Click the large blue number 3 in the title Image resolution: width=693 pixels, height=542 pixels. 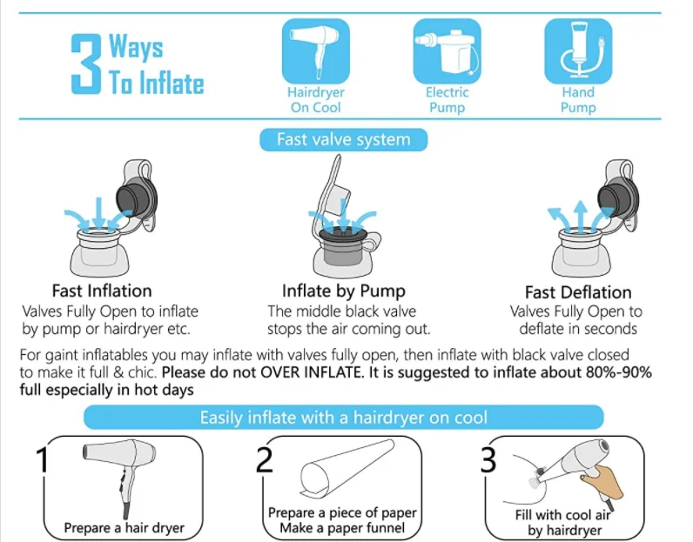click(85, 64)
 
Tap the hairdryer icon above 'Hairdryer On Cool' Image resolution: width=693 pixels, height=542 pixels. click(315, 51)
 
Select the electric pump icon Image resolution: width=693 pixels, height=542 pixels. click(447, 51)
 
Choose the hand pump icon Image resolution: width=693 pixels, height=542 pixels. click(578, 51)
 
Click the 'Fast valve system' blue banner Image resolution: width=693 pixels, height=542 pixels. click(343, 139)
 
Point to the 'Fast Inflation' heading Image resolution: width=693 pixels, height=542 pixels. click(102, 291)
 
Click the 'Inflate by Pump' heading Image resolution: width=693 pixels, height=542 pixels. click(343, 291)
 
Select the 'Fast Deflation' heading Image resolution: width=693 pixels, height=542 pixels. click(578, 292)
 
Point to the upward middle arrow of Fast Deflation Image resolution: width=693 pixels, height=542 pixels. click(581, 216)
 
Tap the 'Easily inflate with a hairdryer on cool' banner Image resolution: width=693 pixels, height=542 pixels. click(343, 418)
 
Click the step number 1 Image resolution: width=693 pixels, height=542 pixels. click(43, 459)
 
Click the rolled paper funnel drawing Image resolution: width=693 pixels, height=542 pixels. click(347, 467)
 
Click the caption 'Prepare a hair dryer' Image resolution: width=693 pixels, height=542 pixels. click(124, 528)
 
